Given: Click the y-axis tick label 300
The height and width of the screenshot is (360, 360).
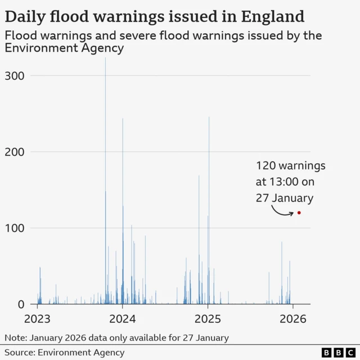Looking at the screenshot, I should [x=14, y=75].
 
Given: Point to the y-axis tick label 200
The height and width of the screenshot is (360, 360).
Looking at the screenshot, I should [x=14, y=152].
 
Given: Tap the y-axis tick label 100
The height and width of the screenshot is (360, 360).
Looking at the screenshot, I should [x=14, y=228].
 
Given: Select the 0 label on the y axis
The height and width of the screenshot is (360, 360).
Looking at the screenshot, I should [x=20, y=304].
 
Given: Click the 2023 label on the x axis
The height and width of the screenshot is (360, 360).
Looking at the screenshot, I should [x=38, y=318].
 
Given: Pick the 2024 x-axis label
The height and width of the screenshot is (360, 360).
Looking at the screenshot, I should [x=123, y=318].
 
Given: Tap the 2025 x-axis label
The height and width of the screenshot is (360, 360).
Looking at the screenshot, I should [x=208, y=318].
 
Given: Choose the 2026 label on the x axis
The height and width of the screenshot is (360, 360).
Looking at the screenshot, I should [x=292, y=318].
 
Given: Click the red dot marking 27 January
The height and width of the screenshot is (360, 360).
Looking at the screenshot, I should [x=299, y=213].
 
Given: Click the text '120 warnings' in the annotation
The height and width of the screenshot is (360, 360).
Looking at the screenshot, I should [x=291, y=166].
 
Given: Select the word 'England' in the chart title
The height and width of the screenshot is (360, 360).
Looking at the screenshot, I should [x=268, y=16].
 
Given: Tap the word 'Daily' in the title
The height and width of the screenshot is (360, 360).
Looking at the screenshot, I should [x=26, y=16].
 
